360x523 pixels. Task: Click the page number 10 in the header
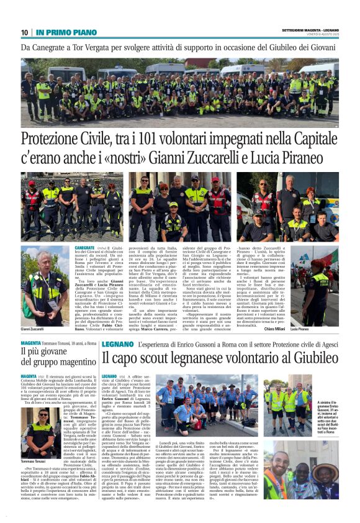click(x=24, y=32)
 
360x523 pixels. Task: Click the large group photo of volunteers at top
click(x=180, y=91)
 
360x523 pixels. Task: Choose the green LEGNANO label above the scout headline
click(x=117, y=343)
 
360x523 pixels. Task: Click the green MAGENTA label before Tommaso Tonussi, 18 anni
click(x=30, y=343)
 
